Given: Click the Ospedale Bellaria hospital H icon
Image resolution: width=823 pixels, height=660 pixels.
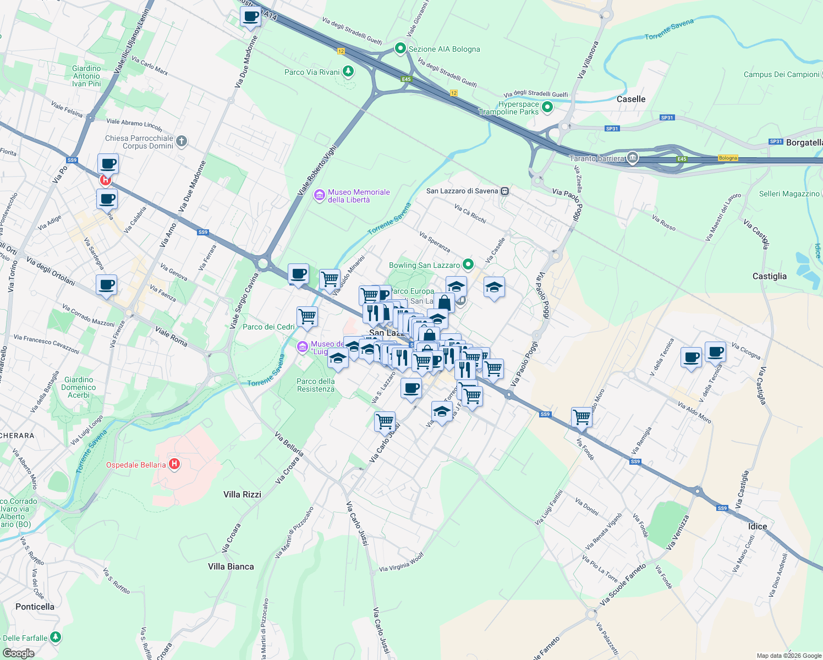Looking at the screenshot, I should click(x=174, y=464).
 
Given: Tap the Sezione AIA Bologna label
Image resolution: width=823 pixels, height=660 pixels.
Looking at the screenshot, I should click(x=444, y=49).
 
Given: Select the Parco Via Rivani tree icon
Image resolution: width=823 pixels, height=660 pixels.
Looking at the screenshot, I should click(x=348, y=71).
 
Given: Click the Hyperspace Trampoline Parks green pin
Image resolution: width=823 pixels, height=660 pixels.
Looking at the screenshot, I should click(x=547, y=107).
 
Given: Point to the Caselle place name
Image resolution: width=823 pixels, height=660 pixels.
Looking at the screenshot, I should click(x=631, y=99).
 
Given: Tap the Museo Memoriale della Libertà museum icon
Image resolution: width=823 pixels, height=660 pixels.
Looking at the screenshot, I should click(x=319, y=195).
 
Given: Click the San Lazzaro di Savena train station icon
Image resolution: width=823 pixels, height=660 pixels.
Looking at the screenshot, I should click(x=504, y=191).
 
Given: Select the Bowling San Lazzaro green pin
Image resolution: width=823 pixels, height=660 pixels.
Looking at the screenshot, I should click(x=468, y=265).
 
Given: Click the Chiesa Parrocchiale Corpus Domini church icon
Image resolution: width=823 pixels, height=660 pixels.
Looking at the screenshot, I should click(x=182, y=141).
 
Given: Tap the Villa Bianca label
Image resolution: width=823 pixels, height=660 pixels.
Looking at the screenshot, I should click(x=231, y=566).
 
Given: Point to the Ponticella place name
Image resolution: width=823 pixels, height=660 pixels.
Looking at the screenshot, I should click(x=35, y=607).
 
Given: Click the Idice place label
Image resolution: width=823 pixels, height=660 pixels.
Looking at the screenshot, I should click(x=757, y=526).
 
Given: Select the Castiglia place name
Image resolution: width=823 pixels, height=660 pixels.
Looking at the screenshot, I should click(x=769, y=276).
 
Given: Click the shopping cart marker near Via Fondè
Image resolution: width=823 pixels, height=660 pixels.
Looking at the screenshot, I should click(x=581, y=417).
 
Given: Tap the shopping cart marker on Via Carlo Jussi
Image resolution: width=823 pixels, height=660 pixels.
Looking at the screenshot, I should click(x=385, y=422).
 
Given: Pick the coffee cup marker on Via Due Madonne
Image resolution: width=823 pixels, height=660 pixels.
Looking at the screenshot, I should click(x=250, y=16).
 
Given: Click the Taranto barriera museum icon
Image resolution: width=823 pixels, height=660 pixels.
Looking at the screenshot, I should click(x=633, y=158).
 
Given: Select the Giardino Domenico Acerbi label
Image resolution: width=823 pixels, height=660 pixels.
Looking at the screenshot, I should click(x=79, y=387).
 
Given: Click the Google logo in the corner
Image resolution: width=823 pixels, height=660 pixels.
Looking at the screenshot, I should click(x=18, y=653).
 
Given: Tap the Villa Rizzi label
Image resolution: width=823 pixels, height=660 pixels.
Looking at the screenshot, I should click(x=242, y=494).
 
